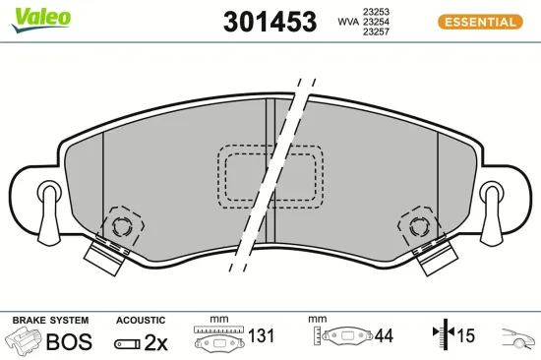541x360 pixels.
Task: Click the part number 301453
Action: coord(270,21)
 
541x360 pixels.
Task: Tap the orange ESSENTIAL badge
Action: coord(478,22)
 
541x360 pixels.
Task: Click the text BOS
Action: coord(68,342)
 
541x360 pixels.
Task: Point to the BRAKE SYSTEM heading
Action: coord(49,321)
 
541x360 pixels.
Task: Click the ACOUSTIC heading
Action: coord(140,321)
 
